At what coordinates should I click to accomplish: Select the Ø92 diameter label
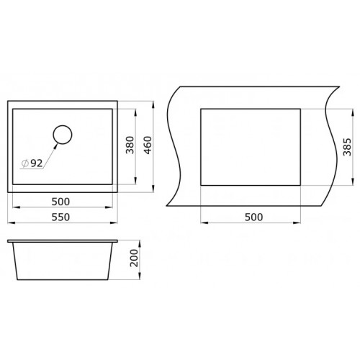pyautogui.click(x=32, y=163)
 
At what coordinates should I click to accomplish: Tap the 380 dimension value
pyautogui.click(x=130, y=145)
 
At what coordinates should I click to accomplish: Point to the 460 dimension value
pyautogui.click(x=148, y=145)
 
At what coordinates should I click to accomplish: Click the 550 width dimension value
pyautogui.click(x=60, y=217)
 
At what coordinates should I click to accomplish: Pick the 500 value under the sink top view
pyautogui.click(x=60, y=202)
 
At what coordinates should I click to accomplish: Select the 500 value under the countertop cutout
pyautogui.click(x=253, y=217)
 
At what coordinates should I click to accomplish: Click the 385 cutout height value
pyautogui.click(x=347, y=147)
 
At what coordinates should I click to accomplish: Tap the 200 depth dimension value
pyautogui.click(x=134, y=258)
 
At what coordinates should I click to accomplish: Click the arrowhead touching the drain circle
pyautogui.click(x=55, y=145)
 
